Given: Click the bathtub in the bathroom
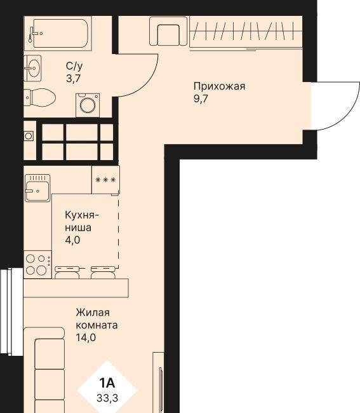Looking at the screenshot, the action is pos(58,34).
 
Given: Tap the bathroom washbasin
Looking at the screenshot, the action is pos(32,68).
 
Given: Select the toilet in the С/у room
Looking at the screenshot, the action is pos(39,97).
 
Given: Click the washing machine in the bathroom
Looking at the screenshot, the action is pos(88,105).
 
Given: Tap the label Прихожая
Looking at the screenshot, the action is pos(219,86).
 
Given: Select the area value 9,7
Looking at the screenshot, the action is pos(201,99).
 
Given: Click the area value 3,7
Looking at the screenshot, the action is pos(73,79).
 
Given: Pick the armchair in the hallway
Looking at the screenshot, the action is pos(168,31).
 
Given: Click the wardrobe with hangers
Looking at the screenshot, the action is pos(246,32).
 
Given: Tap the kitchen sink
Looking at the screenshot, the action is pos(37,188).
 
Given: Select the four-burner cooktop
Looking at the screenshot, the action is pos(37,264).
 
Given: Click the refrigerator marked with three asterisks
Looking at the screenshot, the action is pos(105,180).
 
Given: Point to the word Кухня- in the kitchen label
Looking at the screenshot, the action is pos(82,215).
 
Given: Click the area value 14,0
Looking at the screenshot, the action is pos(86,337).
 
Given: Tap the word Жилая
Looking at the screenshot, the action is pos(93,313).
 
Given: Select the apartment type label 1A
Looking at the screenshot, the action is pos(107,383).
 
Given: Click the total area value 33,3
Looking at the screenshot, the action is pos(107,398).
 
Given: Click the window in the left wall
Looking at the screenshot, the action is pos(11,311).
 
